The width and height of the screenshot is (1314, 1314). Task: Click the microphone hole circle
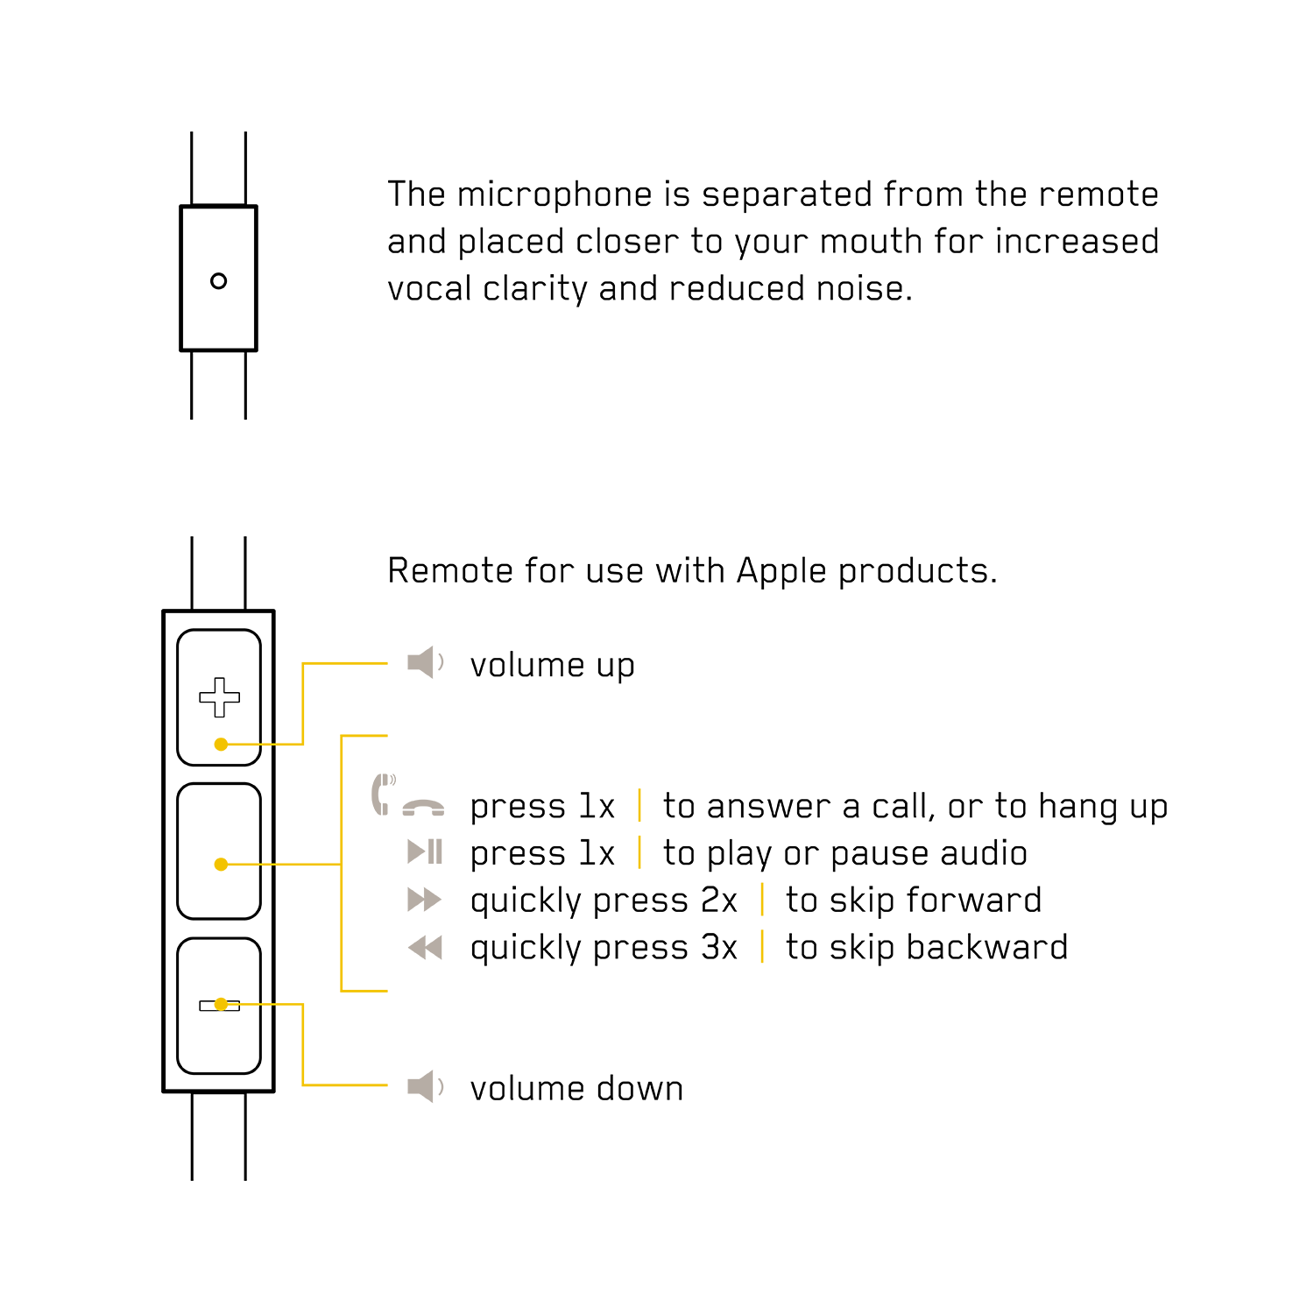pyautogui.click(x=219, y=281)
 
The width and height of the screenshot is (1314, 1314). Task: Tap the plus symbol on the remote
pyautogui.click(x=219, y=697)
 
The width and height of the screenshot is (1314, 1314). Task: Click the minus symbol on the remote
pyautogui.click(x=219, y=1006)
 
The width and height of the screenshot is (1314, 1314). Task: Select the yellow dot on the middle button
pyautogui.click(x=221, y=865)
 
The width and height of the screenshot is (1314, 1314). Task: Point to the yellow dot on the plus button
pyautogui.click(x=221, y=745)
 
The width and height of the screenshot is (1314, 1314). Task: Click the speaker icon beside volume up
pyautogui.click(x=427, y=663)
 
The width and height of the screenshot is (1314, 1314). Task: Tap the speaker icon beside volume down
pyautogui.click(x=427, y=1087)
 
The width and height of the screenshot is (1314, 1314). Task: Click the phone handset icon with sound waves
pyautogui.click(x=384, y=794)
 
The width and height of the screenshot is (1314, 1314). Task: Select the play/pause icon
pyautogui.click(x=426, y=851)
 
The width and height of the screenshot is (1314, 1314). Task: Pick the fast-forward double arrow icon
pyautogui.click(x=425, y=900)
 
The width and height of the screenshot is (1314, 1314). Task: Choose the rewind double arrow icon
pyautogui.click(x=425, y=947)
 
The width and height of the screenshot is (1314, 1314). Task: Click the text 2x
pyautogui.click(x=719, y=901)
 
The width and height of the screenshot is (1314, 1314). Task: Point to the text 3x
pyautogui.click(x=719, y=948)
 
